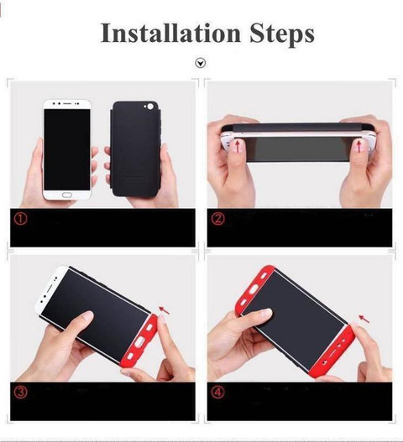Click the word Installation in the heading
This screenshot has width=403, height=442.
click(170, 33)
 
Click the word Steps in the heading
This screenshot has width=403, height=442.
click(282, 34)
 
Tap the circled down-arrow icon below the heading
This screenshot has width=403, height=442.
click(201, 63)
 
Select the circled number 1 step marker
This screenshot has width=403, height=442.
click(21, 218)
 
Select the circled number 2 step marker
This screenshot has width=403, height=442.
click(217, 218)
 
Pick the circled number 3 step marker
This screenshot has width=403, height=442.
click(21, 392)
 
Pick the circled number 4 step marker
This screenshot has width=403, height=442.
click(217, 392)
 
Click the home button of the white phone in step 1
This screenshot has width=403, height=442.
click(67, 195)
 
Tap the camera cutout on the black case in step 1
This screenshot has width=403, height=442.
click(149, 107)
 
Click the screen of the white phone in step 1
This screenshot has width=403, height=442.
click(67, 149)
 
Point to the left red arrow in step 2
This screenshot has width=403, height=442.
click(238, 146)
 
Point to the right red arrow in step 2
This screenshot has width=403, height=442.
click(359, 147)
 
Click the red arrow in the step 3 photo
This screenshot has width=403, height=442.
click(165, 310)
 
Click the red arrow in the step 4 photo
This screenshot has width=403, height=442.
click(364, 319)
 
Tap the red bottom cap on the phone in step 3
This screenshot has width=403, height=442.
click(139, 342)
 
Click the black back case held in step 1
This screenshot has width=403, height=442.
click(135, 148)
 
